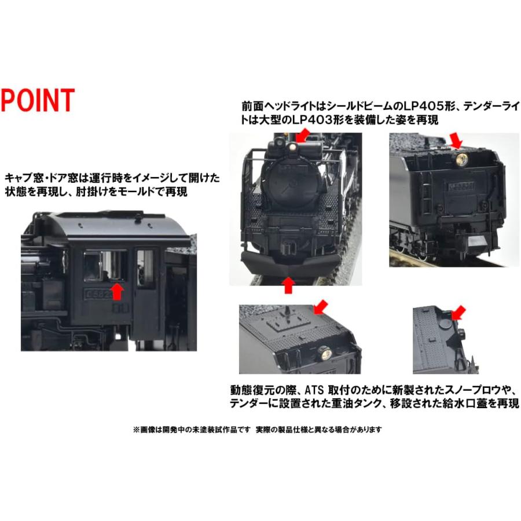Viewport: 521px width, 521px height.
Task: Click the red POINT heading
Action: pyautogui.click(x=38, y=100)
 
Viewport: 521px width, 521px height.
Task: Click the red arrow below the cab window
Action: pyautogui.click(x=118, y=291)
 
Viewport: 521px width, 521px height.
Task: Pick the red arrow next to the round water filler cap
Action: pyautogui.click(x=458, y=313)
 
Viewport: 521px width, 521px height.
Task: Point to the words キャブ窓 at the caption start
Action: pyautogui.click(x=20, y=177)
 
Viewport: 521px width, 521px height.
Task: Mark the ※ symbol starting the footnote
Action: pyautogui.click(x=137, y=430)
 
